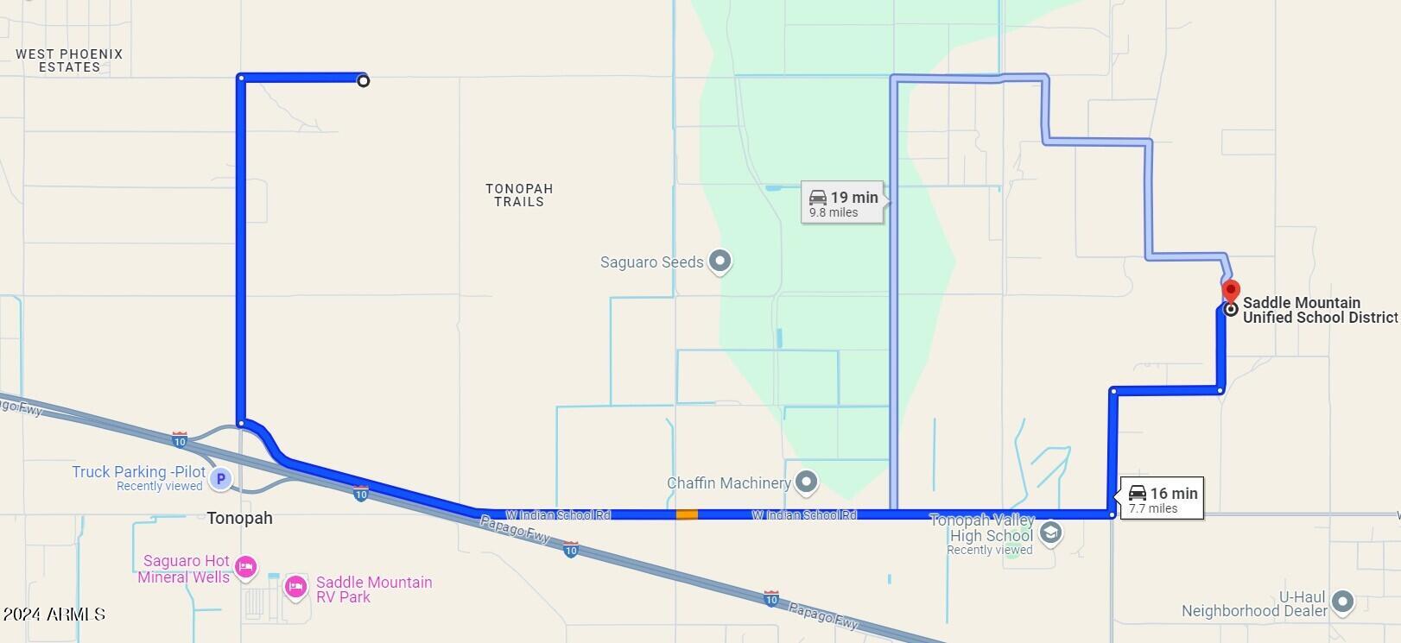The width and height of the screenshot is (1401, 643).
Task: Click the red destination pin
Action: coord(1232,291)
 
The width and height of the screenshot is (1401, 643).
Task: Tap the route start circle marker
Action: coord(364,80)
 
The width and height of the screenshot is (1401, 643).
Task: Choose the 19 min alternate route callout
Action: coord(843,203)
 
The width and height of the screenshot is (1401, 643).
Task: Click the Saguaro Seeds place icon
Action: coord(720,261)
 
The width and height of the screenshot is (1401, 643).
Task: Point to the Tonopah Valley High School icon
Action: coord(1050,533)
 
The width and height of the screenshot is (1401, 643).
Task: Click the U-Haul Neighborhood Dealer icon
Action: coord(1342,602)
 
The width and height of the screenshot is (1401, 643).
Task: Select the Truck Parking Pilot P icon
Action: coord(221,478)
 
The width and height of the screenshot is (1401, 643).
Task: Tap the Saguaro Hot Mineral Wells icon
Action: coord(246,566)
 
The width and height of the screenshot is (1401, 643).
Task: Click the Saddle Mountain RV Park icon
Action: coord(295,587)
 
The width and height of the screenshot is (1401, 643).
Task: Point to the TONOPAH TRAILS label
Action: coord(519,195)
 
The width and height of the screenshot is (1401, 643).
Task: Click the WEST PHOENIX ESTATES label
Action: coord(69,60)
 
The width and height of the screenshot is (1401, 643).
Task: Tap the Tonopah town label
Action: coord(239,518)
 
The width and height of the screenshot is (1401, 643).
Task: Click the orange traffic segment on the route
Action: coord(687,514)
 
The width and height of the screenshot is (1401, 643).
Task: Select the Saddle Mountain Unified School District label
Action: coord(1319,310)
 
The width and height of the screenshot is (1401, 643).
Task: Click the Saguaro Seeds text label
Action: coord(651,262)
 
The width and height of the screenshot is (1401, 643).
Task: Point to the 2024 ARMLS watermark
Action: coord(54,615)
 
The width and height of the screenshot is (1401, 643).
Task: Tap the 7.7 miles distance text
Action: coord(1153,509)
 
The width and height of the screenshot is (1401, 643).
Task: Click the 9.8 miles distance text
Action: coord(834,212)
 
